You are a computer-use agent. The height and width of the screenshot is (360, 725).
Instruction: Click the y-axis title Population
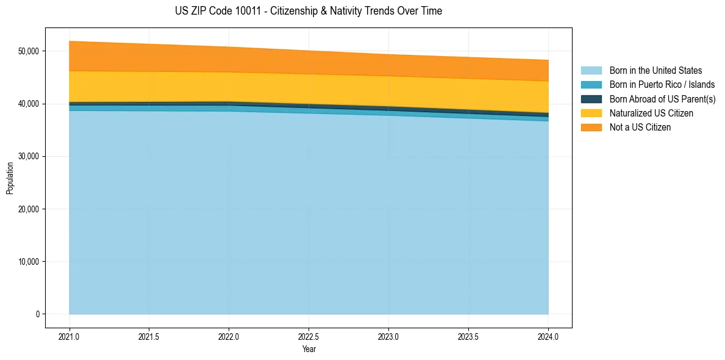point(10,178)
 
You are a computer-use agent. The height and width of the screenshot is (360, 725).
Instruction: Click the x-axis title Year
point(309,349)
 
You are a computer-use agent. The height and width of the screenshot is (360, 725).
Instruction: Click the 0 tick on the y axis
point(37,314)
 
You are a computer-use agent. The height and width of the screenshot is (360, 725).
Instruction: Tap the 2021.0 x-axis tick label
point(69,336)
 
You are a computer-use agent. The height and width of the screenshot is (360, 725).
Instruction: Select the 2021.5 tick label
point(149,336)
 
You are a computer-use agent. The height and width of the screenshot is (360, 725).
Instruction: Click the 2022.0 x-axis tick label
point(229,336)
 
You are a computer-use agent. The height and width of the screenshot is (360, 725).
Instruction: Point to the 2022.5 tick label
point(309,336)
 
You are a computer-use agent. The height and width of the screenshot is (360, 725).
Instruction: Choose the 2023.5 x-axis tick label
point(468,336)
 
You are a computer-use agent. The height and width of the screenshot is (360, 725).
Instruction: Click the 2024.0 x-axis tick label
point(548,336)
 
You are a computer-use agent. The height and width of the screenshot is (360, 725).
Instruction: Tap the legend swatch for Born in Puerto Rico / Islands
point(591,85)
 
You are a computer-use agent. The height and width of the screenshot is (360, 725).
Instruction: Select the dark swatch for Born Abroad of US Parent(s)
point(591,99)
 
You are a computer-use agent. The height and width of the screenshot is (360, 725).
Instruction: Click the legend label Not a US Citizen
point(640,128)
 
